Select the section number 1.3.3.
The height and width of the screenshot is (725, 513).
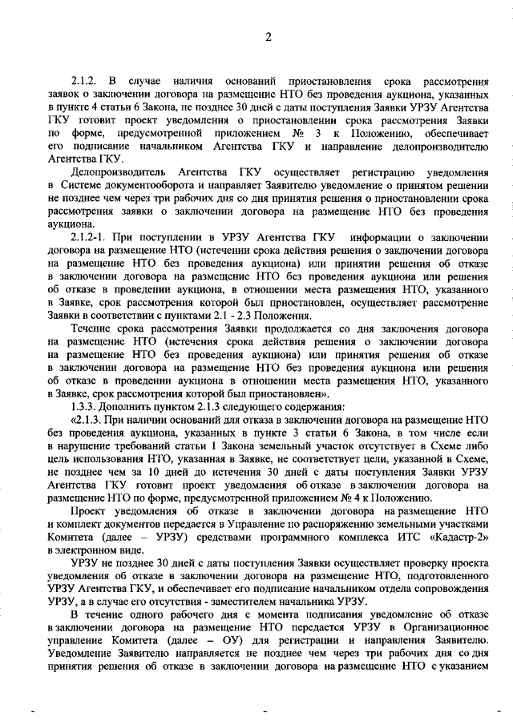click(x=87, y=406)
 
